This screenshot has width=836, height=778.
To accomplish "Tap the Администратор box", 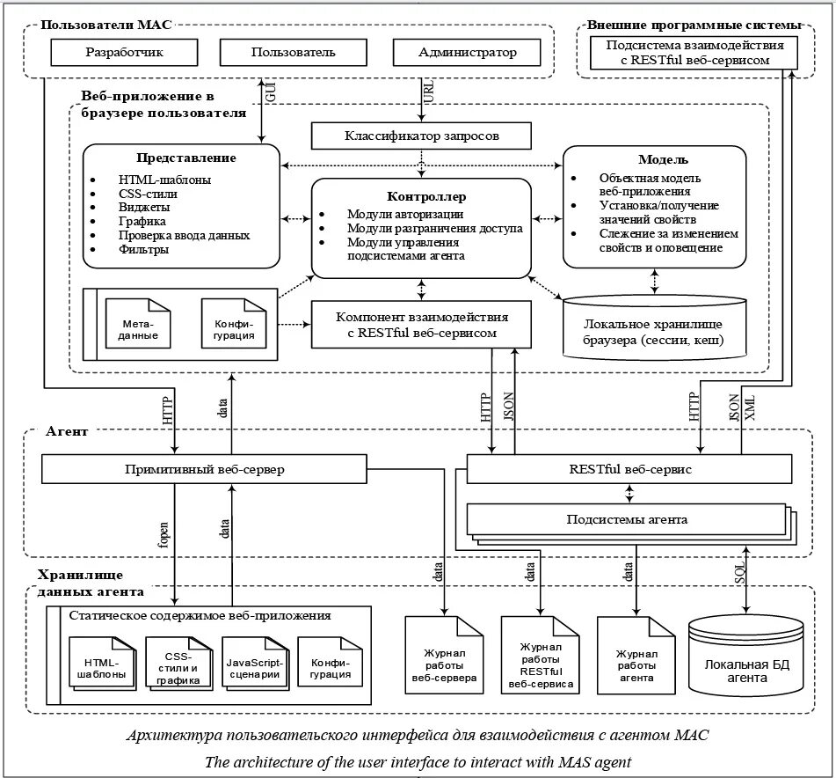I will [x=467, y=53].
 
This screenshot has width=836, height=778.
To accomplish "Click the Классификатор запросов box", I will [x=422, y=136].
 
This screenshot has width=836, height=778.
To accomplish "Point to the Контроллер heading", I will [x=425, y=196].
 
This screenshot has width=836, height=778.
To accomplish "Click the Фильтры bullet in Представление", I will [x=144, y=249].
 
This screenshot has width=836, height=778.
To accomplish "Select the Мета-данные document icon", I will [x=136, y=323].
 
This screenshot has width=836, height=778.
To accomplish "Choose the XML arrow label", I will [x=749, y=411].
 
